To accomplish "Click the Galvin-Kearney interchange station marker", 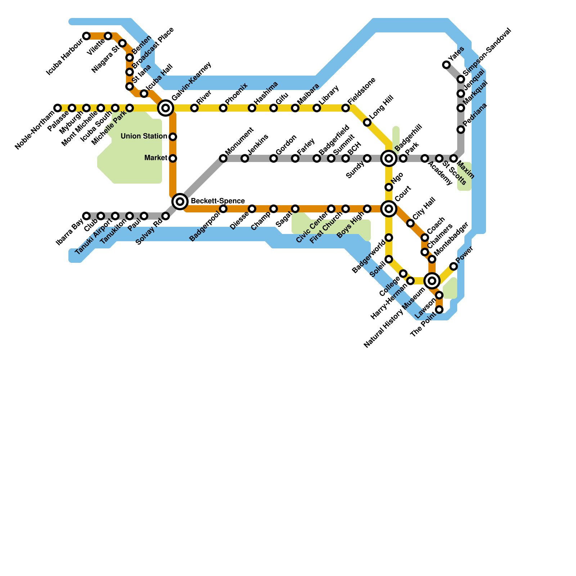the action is (166, 108).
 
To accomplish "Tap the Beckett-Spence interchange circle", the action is (180, 201).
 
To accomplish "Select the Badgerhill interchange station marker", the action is (389, 158).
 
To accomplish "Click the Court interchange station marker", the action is (389, 209).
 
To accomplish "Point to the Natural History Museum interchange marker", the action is (432, 280).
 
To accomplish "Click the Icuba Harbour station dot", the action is (86, 36).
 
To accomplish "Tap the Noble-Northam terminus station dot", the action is (58, 108).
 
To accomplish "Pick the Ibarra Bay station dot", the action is (86, 216).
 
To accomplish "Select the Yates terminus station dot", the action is (446, 65).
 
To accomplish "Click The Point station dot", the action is (439, 310).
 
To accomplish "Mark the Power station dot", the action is (454, 266).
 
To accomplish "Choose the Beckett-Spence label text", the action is (218, 201).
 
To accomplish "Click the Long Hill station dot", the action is (367, 122).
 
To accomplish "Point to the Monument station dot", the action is (223, 158).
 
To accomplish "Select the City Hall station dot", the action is (410, 223).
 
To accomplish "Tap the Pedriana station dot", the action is (461, 130).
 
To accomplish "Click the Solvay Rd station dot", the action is (166, 216).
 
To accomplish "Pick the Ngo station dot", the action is (389, 187).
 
